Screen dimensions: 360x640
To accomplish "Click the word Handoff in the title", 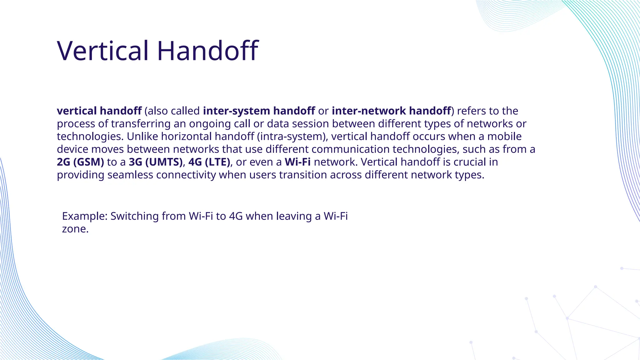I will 207,51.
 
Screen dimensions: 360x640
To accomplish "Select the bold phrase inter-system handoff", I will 259,111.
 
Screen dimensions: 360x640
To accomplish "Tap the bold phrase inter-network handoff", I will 391,111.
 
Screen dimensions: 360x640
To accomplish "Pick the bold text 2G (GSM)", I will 80,162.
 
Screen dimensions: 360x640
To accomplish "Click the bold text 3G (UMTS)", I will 155,162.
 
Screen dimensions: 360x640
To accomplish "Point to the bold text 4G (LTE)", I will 209,162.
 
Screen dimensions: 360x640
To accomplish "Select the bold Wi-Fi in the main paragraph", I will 297,162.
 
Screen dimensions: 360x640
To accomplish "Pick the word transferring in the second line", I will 141,124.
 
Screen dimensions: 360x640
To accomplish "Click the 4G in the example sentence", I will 236,216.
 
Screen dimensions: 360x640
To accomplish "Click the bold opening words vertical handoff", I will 99,111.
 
